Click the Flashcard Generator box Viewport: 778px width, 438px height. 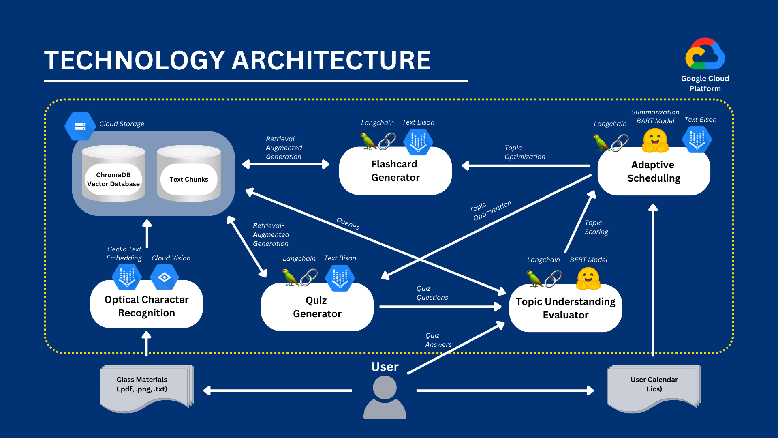pos(395,171)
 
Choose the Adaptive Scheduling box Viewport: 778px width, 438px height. pos(654,172)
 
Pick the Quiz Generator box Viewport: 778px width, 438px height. pos(317,307)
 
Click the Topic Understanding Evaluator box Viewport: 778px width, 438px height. pos(565,308)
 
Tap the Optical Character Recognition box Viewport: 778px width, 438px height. pos(146,306)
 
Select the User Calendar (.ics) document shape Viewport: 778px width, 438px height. pos(654,387)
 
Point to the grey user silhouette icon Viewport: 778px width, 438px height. pos(385,397)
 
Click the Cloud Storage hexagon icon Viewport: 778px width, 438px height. pos(80,127)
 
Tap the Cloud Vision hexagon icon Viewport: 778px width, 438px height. pos(164,277)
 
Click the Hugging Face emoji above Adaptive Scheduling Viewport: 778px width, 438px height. pos(655,140)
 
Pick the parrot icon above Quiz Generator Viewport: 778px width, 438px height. pos(290,277)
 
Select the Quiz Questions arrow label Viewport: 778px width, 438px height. pos(432,293)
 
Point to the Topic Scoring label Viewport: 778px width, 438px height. pos(596,227)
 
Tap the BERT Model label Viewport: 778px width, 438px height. pos(588,260)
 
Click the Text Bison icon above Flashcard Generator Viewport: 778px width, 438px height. pos(418,142)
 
